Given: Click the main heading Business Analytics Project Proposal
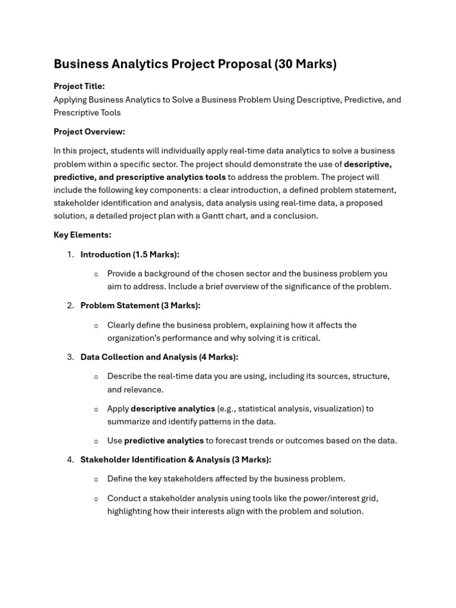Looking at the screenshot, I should [162, 64].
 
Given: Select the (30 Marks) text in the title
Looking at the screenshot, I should [305, 64].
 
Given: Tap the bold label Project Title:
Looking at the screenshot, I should [79, 86].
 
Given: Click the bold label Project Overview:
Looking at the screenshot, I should [89, 132].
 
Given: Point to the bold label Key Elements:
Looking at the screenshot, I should [82, 235].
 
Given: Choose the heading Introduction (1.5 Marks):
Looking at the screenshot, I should [129, 255].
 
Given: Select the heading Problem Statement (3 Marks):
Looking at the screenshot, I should [140, 306].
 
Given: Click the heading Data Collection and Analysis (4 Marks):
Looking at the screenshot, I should [159, 357].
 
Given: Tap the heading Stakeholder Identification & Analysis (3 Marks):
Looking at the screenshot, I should [176, 460].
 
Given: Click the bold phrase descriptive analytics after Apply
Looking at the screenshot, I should [173, 408].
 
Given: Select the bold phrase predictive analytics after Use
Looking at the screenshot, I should [164, 441].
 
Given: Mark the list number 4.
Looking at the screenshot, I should [70, 460].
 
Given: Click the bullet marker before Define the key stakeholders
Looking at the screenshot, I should [96, 479].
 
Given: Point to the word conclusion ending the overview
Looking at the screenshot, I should [297, 216].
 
